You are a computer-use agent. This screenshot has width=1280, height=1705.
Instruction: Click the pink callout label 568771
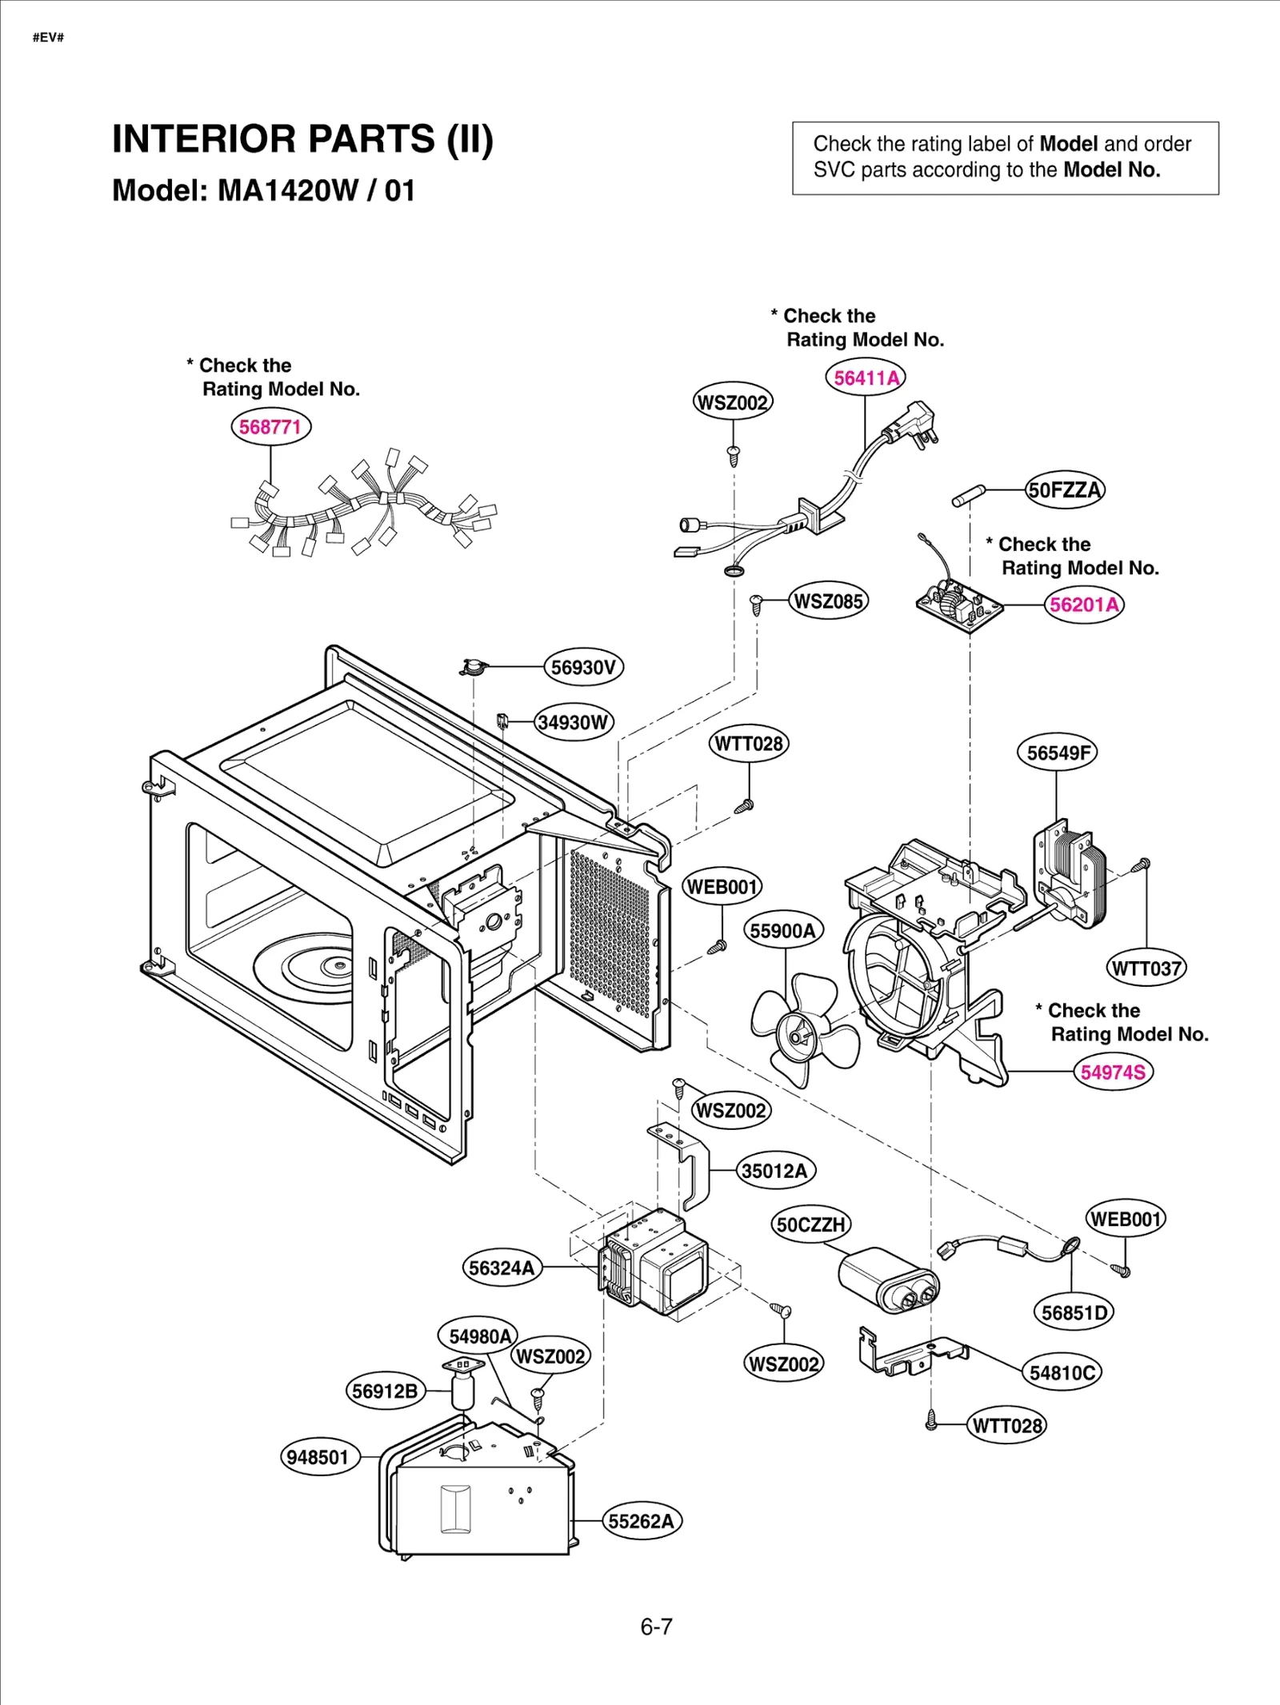pyautogui.click(x=270, y=426)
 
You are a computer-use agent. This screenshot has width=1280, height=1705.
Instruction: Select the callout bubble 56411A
pyautogui.click(x=865, y=377)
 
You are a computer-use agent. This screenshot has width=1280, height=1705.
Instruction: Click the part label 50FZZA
pyautogui.click(x=1065, y=489)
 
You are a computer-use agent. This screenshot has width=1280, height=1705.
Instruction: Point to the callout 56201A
pyautogui.click(x=1084, y=605)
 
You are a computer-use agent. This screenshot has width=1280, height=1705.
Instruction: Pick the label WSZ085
pyautogui.click(x=828, y=601)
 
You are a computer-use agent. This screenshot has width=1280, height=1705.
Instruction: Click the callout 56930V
pyautogui.click(x=583, y=667)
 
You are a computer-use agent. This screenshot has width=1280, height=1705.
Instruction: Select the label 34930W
pyautogui.click(x=573, y=722)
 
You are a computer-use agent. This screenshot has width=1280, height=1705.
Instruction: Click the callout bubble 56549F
pyautogui.click(x=1057, y=753)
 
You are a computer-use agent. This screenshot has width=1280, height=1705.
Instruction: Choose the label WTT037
pyautogui.click(x=1146, y=968)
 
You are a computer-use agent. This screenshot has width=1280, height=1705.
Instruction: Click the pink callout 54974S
pyautogui.click(x=1113, y=1072)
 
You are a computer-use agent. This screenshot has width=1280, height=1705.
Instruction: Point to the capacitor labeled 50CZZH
pyautogui.click(x=888, y=1279)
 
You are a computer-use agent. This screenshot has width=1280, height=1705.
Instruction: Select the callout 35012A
pyautogui.click(x=774, y=1171)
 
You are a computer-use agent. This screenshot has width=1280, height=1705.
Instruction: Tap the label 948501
pyautogui.click(x=318, y=1456)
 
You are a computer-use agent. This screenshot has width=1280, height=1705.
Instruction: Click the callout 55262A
pyautogui.click(x=642, y=1520)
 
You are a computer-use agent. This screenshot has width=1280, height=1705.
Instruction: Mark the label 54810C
pyautogui.click(x=1062, y=1372)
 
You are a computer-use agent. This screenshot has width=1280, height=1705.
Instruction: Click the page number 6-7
pyautogui.click(x=656, y=1627)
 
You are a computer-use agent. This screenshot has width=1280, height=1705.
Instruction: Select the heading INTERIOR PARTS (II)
pyautogui.click(x=302, y=139)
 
